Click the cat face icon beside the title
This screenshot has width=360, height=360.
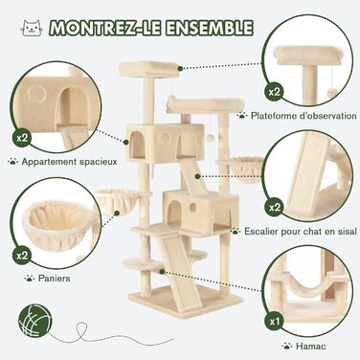coord(32,28)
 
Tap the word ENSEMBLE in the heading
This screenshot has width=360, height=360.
coord(210,28)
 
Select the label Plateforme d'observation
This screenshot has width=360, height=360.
coord(304,115)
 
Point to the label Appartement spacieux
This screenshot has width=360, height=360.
coord(69,162)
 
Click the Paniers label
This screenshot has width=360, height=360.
coord(54,278)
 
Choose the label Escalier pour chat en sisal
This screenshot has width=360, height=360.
coord(301,231)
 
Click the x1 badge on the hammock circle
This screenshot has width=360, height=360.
coord(274,321)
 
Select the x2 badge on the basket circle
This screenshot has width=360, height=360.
coord(22,256)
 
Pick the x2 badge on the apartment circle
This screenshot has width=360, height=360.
coord(22,138)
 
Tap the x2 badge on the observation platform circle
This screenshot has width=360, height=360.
coord(274,92)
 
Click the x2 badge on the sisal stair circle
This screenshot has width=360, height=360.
coord(274,208)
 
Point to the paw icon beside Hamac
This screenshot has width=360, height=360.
coord(287,346)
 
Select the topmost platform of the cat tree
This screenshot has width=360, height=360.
coord(149,69)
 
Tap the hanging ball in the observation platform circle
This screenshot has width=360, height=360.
coord(331,93)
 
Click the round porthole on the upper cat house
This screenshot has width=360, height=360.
coord(165,138)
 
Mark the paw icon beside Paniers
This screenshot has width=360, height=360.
coord(30,278)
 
